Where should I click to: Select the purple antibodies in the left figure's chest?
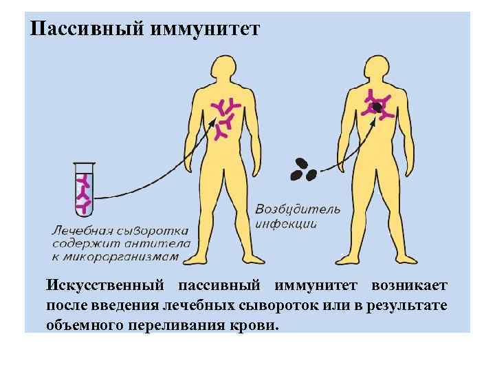point(226,116)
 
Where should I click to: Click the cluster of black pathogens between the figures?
point(304,169)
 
